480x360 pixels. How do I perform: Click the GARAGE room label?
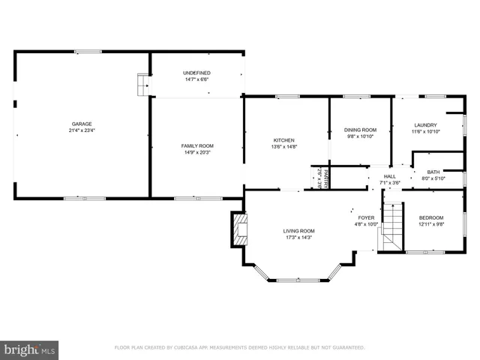point(82,124)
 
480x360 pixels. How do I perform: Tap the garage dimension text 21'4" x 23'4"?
point(82,130)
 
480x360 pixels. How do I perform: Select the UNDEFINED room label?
point(196,72)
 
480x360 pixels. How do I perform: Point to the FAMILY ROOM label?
point(197,145)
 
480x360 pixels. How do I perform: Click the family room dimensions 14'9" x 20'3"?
point(197,152)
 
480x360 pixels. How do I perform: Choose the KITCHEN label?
point(283,140)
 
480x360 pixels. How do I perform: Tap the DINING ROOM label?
point(360,130)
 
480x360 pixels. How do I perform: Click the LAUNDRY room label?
point(424,125)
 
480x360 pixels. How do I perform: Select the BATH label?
point(433,172)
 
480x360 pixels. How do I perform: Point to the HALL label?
point(390,176)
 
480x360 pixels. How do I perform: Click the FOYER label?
point(366,217)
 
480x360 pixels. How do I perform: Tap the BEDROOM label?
point(431,217)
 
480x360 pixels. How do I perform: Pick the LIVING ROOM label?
point(298,231)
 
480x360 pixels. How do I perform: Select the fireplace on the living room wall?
point(239,230)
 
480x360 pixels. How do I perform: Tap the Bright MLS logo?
point(30,349)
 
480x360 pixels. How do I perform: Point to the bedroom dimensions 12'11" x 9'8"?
point(431,224)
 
